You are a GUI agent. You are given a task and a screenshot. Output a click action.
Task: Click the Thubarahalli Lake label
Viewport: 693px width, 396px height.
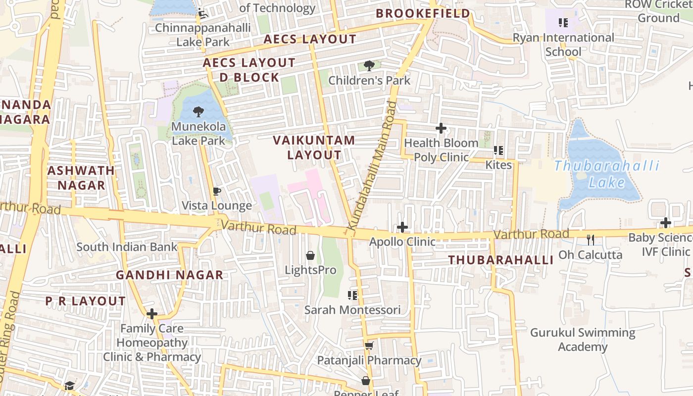pyautogui.click(x=607, y=174)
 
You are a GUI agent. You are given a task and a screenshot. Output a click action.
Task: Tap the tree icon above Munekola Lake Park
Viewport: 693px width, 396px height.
pyautogui.click(x=198, y=112)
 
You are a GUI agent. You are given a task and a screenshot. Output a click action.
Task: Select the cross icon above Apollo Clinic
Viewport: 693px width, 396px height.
pyautogui.click(x=403, y=227)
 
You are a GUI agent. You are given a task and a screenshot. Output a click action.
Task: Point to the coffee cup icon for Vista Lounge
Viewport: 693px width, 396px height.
pyautogui.click(x=216, y=191)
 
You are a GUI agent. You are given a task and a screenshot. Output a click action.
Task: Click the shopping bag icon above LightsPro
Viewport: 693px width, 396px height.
pyautogui.click(x=310, y=255)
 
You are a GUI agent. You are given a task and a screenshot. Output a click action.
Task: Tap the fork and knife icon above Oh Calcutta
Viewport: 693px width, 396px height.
pyautogui.click(x=590, y=240)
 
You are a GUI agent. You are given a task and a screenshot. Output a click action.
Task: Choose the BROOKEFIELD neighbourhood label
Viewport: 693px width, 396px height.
pyautogui.click(x=423, y=13)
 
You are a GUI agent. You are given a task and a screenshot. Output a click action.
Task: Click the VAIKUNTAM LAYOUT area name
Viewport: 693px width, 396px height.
pyautogui.click(x=314, y=148)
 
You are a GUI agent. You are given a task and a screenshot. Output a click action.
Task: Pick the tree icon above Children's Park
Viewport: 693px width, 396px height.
pyautogui.click(x=369, y=66)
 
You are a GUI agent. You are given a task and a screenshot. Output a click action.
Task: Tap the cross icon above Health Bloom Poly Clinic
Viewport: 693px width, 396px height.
pyautogui.click(x=441, y=129)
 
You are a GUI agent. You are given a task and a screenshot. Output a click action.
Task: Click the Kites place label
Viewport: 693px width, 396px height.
pyautogui.click(x=498, y=165)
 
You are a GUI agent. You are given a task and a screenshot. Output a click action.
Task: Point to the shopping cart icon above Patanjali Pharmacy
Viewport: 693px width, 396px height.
pyautogui.click(x=369, y=346)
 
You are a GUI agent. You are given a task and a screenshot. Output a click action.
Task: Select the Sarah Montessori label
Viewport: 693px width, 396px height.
pyautogui.click(x=352, y=310)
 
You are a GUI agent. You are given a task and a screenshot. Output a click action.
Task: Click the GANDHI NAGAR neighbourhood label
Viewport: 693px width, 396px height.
pyautogui.click(x=169, y=275)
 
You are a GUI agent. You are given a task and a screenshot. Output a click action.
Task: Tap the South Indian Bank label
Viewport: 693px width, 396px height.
pyautogui.click(x=127, y=247)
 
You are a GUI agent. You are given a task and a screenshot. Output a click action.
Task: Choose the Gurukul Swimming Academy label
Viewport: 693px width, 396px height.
pyautogui.click(x=583, y=340)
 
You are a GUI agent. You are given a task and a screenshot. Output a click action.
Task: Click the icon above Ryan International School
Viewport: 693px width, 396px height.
pyautogui.click(x=563, y=23)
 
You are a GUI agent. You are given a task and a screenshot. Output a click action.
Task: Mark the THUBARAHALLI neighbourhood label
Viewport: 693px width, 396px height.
pyautogui.click(x=500, y=260)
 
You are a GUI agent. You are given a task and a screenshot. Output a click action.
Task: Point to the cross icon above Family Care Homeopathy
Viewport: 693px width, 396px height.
pyautogui.click(x=152, y=314)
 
